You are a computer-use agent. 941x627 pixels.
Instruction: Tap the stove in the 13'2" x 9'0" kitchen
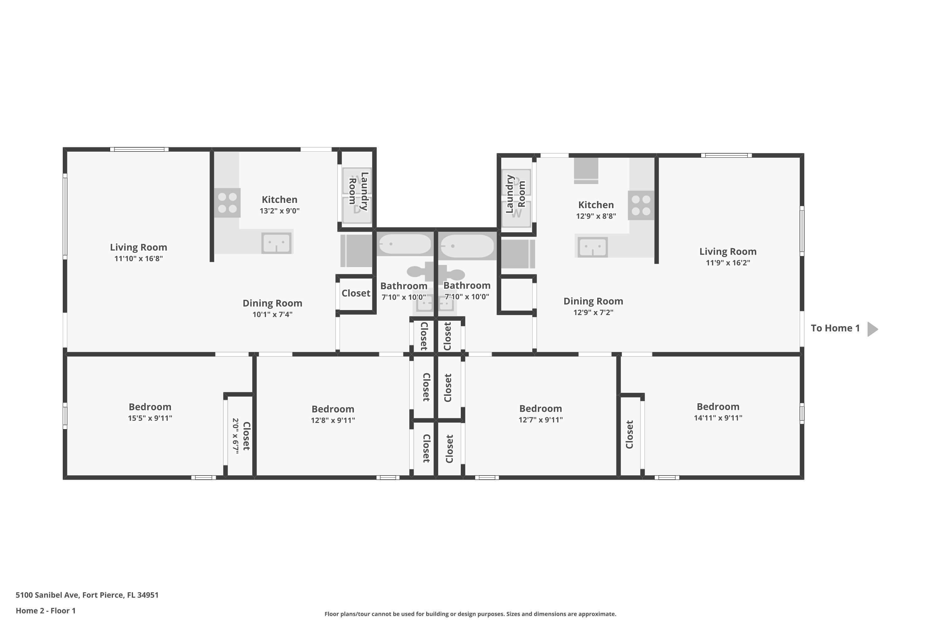227,203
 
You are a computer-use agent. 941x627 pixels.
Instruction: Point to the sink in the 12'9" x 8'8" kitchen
593,247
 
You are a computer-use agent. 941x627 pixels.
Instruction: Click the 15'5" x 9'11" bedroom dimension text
150,418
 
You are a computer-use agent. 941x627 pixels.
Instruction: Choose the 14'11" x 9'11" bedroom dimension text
718,418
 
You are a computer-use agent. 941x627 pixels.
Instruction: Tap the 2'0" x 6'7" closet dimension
236,436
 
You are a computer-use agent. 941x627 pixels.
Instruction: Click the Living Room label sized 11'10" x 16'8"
138,248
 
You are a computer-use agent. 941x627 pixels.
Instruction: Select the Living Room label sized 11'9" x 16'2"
728,251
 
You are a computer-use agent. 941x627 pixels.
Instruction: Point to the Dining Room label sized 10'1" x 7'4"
273,303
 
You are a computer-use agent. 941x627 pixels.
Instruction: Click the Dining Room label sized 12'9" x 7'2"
593,302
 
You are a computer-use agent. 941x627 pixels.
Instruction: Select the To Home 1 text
835,328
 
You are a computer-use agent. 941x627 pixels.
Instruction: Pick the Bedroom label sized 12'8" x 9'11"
333,409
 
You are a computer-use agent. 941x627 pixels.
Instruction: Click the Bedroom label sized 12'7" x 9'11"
540,409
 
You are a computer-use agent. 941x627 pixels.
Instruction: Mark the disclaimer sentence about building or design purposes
470,614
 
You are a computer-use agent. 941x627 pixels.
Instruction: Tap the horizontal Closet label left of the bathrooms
356,293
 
